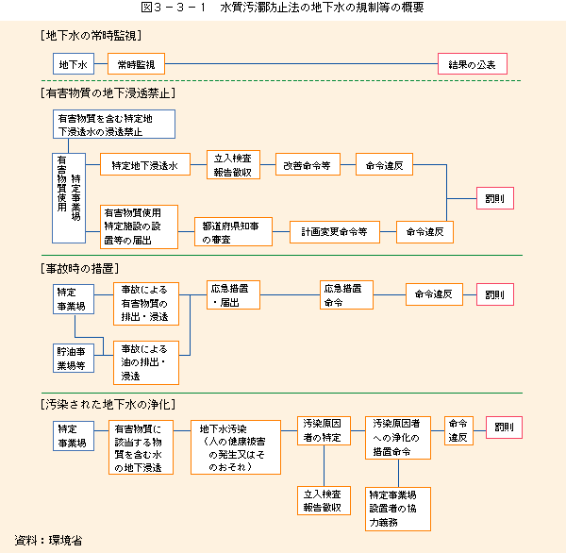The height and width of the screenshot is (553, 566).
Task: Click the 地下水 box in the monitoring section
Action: [73, 65]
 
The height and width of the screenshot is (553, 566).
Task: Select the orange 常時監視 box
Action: [137, 65]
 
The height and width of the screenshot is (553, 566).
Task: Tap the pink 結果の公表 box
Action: [473, 65]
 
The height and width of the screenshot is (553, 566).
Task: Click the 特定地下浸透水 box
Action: [144, 165]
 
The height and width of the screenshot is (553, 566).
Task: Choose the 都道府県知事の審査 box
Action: [232, 230]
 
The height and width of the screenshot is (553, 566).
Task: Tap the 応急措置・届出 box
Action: [232, 294]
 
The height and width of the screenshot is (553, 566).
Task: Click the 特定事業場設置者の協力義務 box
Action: [397, 507]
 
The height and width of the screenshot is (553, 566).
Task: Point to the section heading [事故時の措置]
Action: [82, 269]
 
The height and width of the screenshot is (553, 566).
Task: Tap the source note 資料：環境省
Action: [48, 541]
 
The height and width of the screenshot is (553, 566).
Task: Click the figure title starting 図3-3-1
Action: [282, 8]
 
